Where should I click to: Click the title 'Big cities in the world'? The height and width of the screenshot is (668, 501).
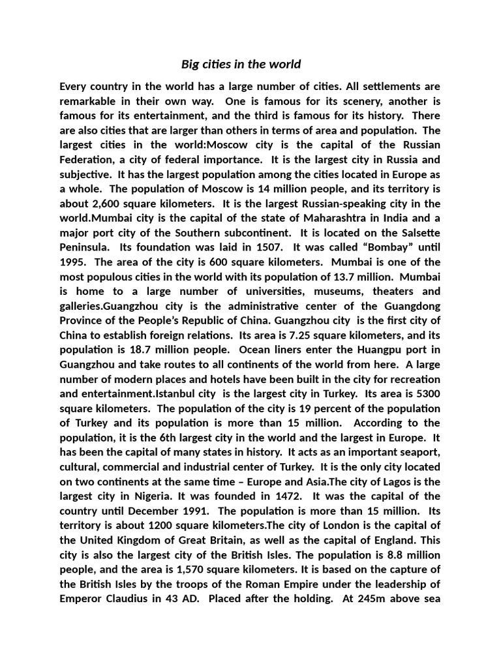point(241,64)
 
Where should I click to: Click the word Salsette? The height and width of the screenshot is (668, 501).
point(417,233)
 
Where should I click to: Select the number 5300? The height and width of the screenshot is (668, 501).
point(427,393)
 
